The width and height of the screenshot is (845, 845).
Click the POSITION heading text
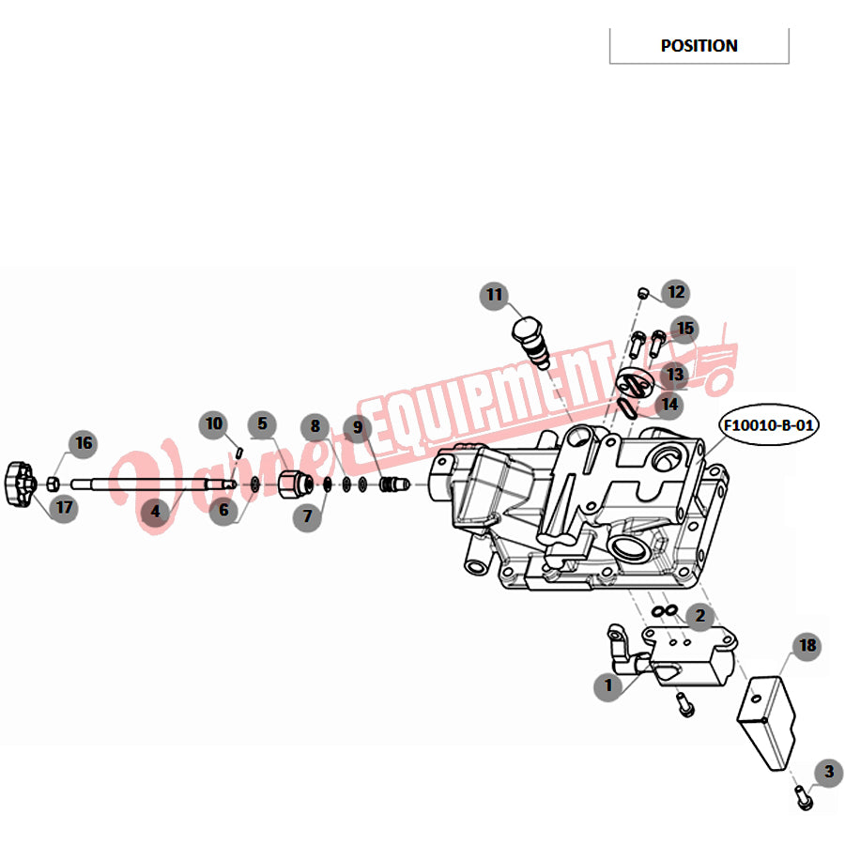coord(699,46)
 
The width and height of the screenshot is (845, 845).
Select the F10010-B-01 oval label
coord(768,425)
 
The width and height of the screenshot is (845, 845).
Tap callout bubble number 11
coord(494,296)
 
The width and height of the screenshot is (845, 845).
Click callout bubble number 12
coord(676,293)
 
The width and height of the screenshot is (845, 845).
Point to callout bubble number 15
coord(685,329)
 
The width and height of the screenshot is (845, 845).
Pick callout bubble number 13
coord(675,374)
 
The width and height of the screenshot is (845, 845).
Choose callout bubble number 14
coord(669,404)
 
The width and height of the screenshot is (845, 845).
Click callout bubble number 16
coord(84,443)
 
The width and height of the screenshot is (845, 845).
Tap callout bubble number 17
coord(64,508)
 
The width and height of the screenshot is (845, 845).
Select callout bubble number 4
coord(155,511)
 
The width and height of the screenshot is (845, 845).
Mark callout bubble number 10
coord(214,424)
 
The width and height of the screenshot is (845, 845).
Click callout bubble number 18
coord(807,646)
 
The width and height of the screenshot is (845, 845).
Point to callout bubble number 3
coord(829,773)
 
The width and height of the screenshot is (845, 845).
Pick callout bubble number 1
coord(608,686)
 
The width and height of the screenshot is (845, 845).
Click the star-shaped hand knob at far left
coord(21,484)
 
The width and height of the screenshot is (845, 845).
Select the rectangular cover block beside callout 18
coord(766,722)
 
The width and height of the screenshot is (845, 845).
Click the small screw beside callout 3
coord(804,798)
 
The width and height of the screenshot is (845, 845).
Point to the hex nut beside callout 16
coord(53,484)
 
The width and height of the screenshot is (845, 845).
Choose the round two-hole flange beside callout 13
coord(635,383)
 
